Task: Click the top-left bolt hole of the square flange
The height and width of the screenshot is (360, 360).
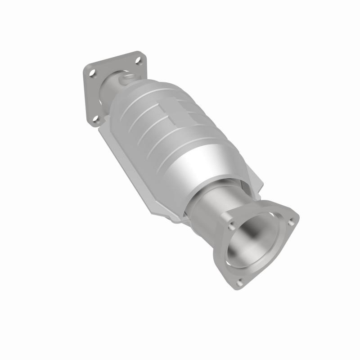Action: (92, 72)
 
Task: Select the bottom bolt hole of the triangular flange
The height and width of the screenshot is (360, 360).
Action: (240, 282)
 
